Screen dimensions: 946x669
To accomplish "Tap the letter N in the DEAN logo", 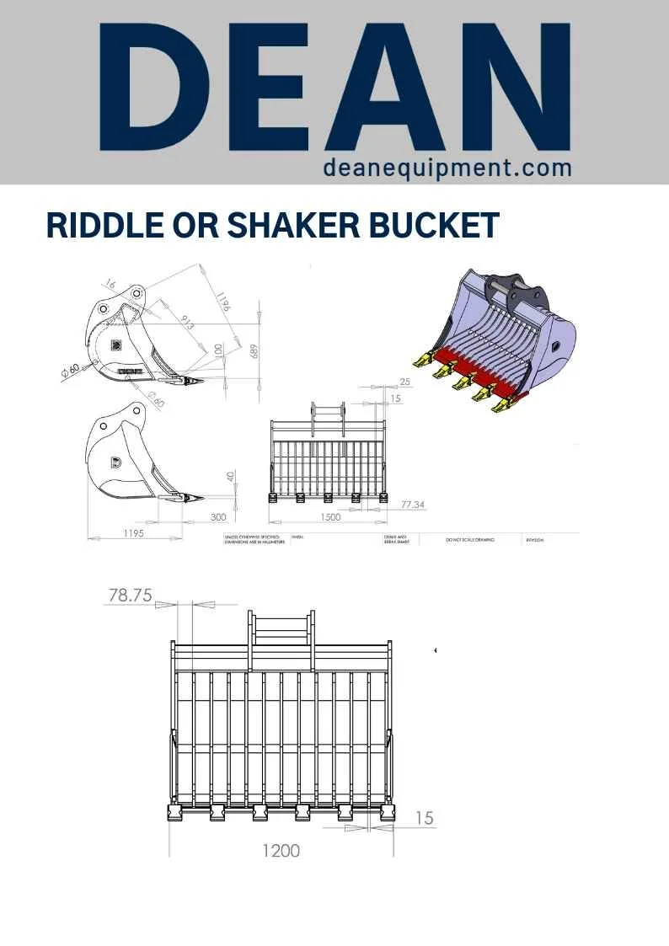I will [516, 88].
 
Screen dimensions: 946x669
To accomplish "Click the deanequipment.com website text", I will [447, 168].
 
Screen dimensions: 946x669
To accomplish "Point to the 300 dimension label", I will [219, 517].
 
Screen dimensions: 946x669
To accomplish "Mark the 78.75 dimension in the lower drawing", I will [130, 595].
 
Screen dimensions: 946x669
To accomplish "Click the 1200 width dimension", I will [281, 851].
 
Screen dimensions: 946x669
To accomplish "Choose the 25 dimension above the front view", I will [405, 382].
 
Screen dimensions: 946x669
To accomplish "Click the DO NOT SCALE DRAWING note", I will [469, 540].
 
